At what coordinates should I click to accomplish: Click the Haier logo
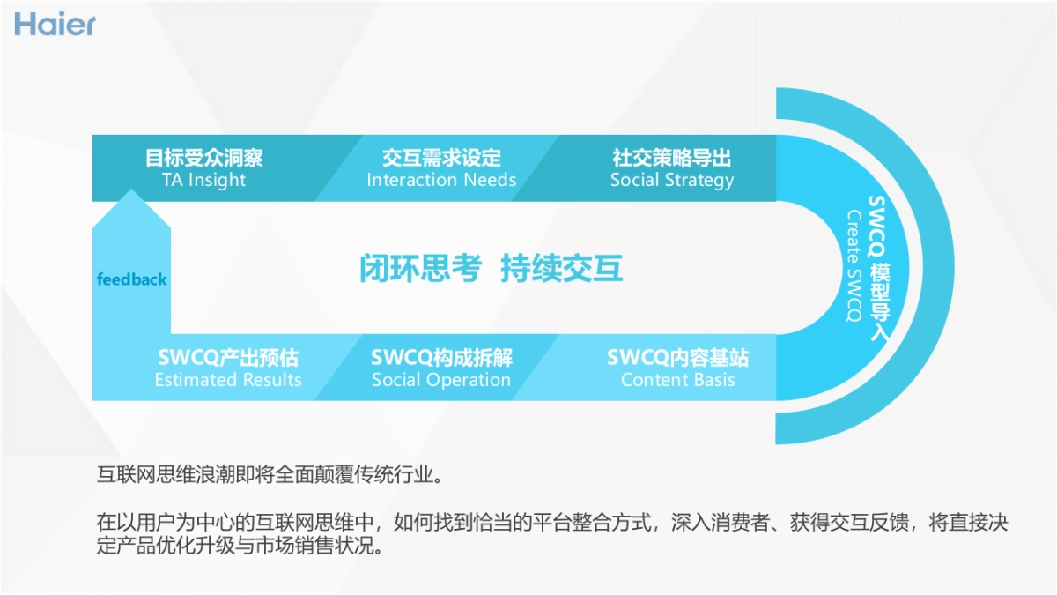click(55, 24)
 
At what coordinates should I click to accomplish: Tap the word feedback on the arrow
click(131, 279)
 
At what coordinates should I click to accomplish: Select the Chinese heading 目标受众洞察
click(204, 158)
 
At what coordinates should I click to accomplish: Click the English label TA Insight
click(204, 180)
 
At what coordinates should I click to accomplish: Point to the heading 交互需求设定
click(441, 158)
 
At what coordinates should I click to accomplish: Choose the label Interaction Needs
click(441, 180)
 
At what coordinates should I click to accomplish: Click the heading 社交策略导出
click(672, 158)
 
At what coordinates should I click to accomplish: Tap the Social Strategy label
click(672, 180)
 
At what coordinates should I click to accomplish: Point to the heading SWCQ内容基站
click(677, 358)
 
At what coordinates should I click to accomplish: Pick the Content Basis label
click(677, 380)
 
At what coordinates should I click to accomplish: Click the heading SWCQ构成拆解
click(441, 358)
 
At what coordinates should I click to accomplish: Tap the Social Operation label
click(441, 380)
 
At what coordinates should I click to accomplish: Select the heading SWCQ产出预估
click(228, 358)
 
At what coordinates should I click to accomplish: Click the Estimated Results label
click(228, 380)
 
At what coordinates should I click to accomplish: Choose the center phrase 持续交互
click(562, 268)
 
